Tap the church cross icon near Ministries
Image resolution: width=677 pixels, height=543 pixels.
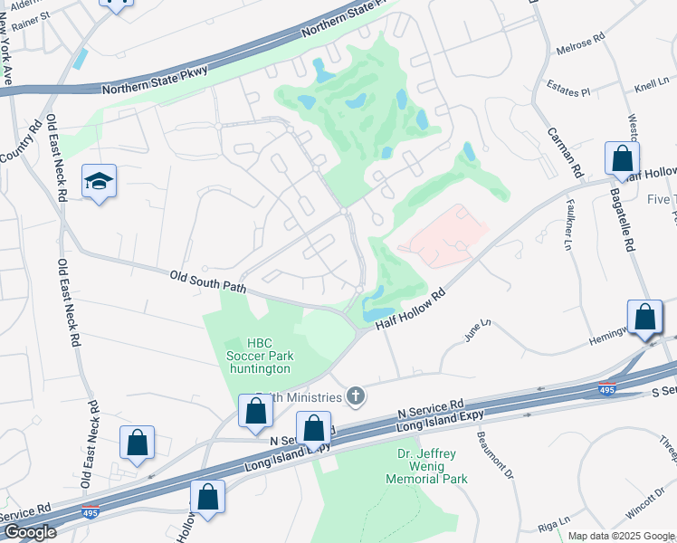[x=357, y=395]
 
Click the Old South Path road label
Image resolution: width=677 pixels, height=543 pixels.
[x=206, y=281]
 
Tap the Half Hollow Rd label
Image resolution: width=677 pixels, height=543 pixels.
[x=402, y=310]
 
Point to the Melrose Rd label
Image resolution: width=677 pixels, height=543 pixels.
[x=580, y=43]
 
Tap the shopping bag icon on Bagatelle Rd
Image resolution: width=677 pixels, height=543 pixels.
[x=623, y=159]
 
